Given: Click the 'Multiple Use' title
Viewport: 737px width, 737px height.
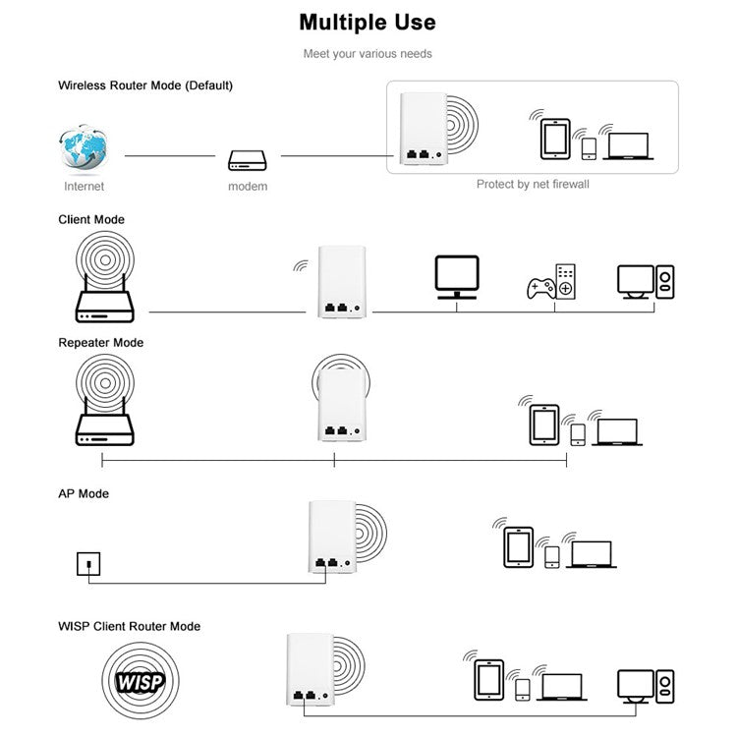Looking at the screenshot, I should tap(368, 22).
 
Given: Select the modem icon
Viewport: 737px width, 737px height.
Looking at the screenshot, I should tap(247, 159).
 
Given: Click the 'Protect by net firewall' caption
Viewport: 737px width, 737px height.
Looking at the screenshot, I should tap(533, 184).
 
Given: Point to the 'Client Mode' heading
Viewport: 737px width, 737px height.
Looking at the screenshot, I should tap(91, 219).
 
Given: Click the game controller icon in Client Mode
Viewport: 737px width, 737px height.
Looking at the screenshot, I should tap(540, 289).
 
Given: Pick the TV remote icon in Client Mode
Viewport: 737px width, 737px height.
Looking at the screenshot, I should tap(565, 281).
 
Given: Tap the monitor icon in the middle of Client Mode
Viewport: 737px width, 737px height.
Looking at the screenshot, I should tap(457, 276).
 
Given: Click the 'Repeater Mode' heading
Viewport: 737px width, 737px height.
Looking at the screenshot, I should tap(100, 343).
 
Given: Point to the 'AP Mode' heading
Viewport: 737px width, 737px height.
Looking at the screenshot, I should tap(84, 493).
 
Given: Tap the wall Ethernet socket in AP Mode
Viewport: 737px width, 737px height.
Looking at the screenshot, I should tap(88, 564).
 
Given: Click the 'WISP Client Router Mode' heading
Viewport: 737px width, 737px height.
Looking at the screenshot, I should tap(129, 626).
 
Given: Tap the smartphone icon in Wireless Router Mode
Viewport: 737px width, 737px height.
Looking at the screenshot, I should tap(589, 148).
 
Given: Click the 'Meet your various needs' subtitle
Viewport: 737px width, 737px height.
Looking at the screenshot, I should tap(368, 53).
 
